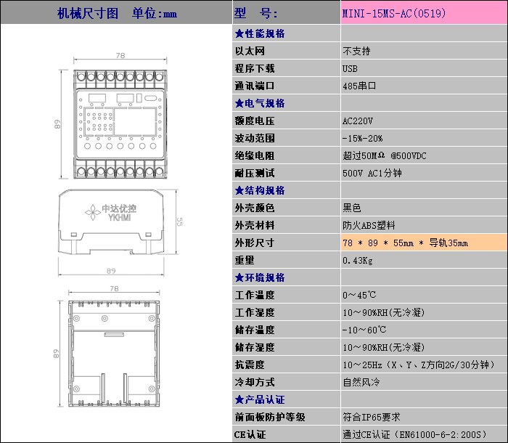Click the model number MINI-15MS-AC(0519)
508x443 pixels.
(394, 14)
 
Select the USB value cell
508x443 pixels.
(350, 68)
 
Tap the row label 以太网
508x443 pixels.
(250, 51)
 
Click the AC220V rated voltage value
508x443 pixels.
(357, 121)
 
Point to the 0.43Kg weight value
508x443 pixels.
(357, 260)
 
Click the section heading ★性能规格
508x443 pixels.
(259, 33)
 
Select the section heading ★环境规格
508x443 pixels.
(259, 277)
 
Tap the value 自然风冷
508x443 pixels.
(361, 382)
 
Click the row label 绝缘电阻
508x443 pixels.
(255, 155)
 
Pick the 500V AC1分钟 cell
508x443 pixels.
(372, 173)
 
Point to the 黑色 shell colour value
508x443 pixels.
(352, 208)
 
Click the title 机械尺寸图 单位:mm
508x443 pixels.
(116, 13)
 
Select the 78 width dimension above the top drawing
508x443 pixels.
(120, 56)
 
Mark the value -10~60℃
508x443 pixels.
(359, 330)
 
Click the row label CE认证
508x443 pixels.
(250, 434)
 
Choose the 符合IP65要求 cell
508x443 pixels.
(371, 417)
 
